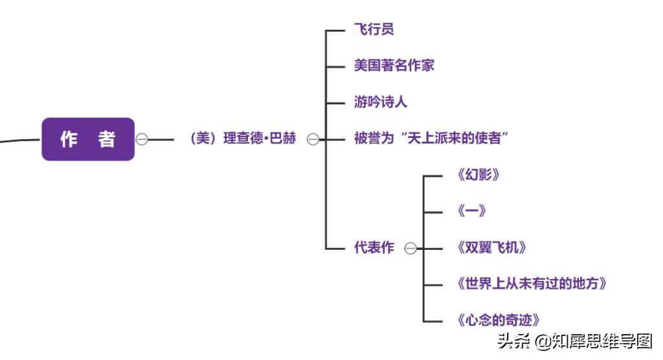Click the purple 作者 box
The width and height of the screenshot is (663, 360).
click(88, 139)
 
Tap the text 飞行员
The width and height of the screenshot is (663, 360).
click(374, 29)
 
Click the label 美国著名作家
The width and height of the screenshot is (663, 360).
click(394, 65)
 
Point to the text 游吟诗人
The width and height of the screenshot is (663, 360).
click(380, 102)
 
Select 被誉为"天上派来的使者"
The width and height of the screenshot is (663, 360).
click(431, 139)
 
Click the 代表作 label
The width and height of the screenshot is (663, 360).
click(374, 248)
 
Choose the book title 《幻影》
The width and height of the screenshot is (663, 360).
click(478, 175)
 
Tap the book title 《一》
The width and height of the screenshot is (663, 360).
click(471, 211)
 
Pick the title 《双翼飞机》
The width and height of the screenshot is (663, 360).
click(491, 247)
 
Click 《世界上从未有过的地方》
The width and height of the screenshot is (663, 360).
click(532, 284)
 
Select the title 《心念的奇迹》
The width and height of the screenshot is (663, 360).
click(498, 320)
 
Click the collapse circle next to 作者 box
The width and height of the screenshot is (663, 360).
click(142, 139)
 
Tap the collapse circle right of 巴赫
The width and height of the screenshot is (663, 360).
click(313, 139)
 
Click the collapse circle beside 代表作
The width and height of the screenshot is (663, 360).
click(410, 249)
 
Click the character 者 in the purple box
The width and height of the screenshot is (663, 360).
click(107, 139)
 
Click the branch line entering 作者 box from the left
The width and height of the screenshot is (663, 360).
click(19, 139)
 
